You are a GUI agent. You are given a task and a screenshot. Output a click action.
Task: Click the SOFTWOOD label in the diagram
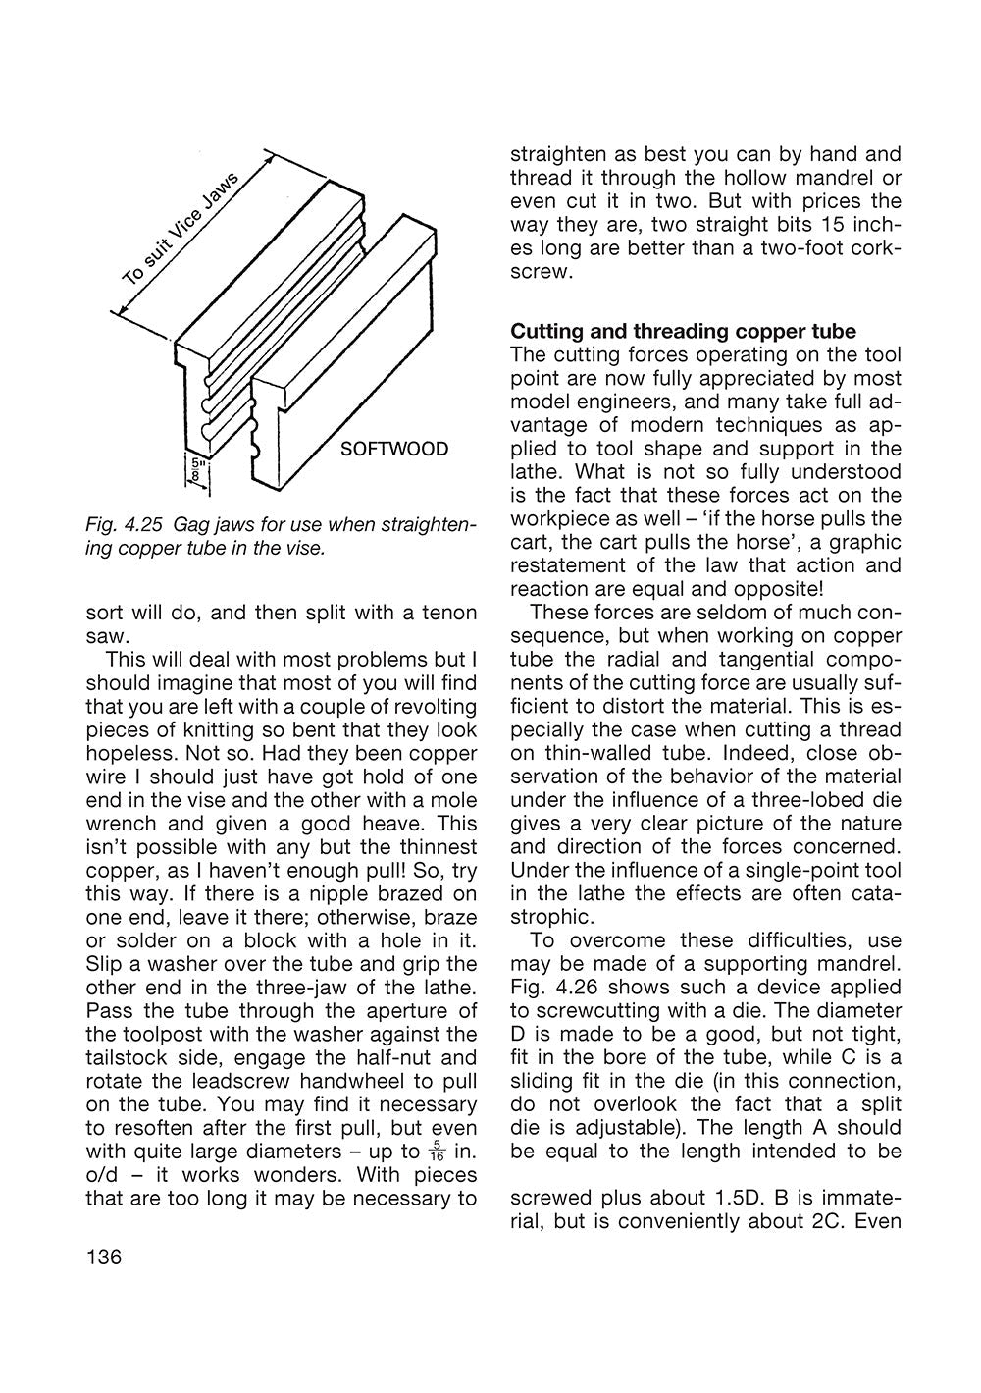pyautogui.click(x=393, y=450)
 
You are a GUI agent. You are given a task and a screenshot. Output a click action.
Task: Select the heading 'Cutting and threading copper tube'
pyautogui.click(x=683, y=331)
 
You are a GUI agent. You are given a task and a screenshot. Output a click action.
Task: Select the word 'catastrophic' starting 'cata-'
pyautogui.click(x=869, y=893)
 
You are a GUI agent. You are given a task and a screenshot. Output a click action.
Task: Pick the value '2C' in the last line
pyautogui.click(x=825, y=1221)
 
